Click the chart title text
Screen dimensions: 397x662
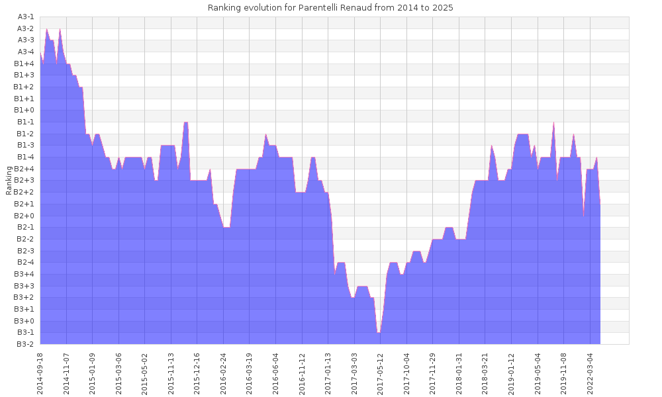point(330,8)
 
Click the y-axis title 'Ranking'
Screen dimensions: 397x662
point(9,180)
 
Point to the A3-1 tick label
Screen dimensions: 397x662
point(25,17)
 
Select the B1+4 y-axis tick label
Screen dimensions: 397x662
point(24,64)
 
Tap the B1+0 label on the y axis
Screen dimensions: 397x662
point(24,110)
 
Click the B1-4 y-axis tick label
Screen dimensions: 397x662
point(25,157)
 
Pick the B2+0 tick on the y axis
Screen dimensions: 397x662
point(24,216)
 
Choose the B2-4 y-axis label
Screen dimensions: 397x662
point(25,262)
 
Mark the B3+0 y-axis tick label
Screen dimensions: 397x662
point(24,321)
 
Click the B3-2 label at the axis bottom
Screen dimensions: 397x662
point(25,344)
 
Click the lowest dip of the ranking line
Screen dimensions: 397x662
point(379,332)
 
